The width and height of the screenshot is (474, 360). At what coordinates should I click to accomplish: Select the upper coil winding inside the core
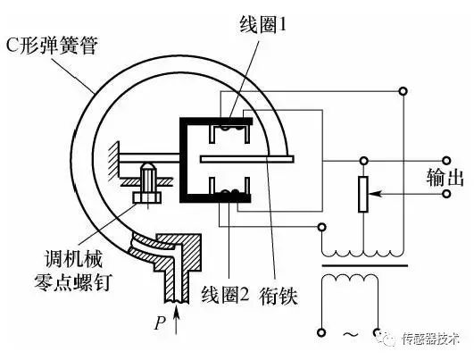click(230, 134)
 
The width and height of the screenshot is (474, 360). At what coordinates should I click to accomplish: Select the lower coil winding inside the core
click(230, 189)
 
